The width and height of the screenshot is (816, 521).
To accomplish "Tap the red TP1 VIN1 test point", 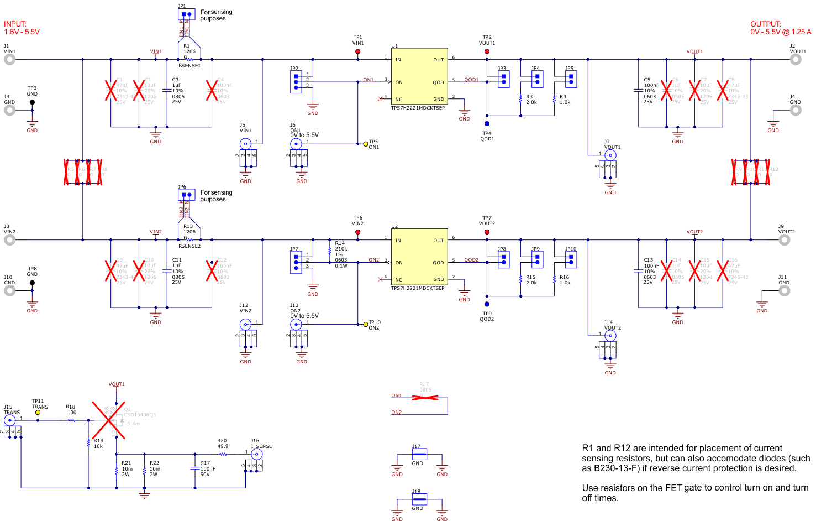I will click(x=358, y=51).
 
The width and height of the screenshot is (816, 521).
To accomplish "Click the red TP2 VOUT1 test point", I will click(x=487, y=51).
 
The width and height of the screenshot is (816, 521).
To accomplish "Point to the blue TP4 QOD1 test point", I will click(x=487, y=124).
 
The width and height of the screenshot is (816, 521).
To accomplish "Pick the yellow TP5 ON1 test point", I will click(x=366, y=144).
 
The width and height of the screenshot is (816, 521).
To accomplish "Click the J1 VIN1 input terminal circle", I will click(x=9, y=60).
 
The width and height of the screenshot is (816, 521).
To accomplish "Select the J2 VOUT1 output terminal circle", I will click(x=796, y=60).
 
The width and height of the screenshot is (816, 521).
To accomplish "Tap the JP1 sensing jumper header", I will click(x=186, y=14).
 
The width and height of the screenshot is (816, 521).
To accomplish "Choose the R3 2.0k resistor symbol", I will click(x=520, y=99).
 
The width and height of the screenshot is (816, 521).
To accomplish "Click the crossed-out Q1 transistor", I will click(x=109, y=420).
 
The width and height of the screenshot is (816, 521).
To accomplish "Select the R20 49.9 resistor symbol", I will click(x=223, y=454).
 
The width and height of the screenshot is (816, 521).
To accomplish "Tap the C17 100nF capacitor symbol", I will click(x=194, y=468).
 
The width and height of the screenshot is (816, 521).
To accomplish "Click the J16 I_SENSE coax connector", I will click(x=256, y=454).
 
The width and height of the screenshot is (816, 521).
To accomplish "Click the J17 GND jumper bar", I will click(x=419, y=454).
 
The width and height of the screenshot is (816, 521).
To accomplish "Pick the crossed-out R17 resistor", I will click(x=425, y=397).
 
